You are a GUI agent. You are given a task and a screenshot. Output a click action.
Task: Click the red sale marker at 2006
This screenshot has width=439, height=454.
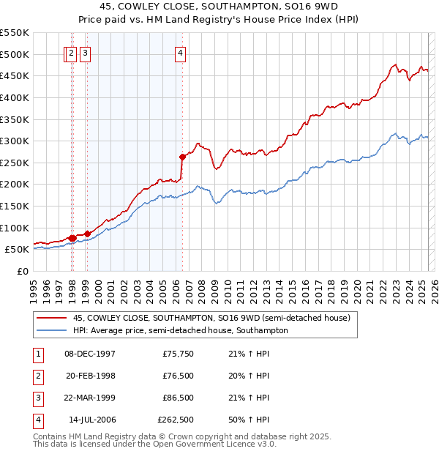tap(182, 157)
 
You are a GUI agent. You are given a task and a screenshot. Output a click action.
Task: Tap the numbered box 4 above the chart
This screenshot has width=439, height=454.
tap(180, 53)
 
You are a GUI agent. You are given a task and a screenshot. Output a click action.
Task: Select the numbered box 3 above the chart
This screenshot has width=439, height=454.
tap(86, 53)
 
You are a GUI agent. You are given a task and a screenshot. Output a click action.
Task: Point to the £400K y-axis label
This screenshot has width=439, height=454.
tap(15, 97)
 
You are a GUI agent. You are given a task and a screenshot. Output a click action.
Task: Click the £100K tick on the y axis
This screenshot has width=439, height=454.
tap(15, 228)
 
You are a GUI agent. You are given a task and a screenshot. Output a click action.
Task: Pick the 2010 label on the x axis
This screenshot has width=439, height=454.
tap(228, 286)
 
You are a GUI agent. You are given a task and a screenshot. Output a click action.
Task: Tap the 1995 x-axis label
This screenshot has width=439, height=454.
tap(34, 286)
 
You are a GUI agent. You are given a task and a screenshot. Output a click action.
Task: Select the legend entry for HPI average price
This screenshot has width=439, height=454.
tap(180, 330)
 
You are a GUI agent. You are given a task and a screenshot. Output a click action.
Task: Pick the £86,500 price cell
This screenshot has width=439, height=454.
tap(178, 398)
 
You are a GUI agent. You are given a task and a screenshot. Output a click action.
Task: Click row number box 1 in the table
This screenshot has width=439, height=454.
tap(37, 354)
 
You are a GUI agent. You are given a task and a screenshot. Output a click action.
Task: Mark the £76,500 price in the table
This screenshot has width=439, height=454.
tap(178, 376)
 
